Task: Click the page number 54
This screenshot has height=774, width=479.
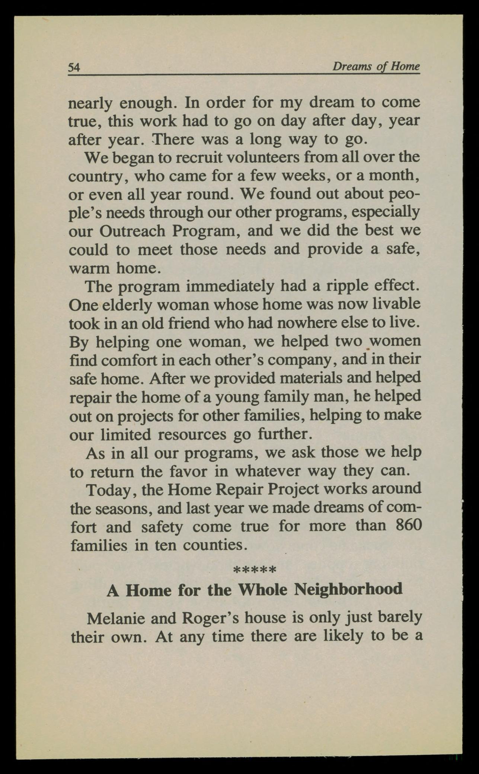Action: pos(74,67)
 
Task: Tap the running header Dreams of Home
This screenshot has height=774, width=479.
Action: pos(376,67)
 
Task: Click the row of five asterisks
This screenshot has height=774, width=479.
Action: pos(254,569)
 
